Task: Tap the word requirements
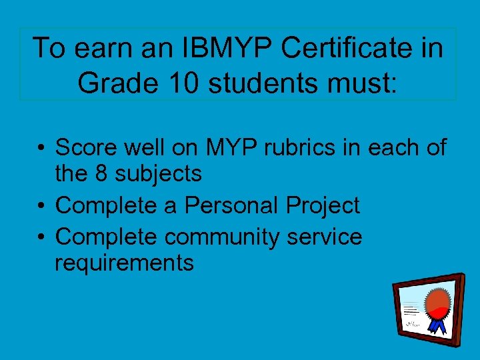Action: click(x=124, y=263)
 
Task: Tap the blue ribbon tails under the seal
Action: click(x=437, y=324)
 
